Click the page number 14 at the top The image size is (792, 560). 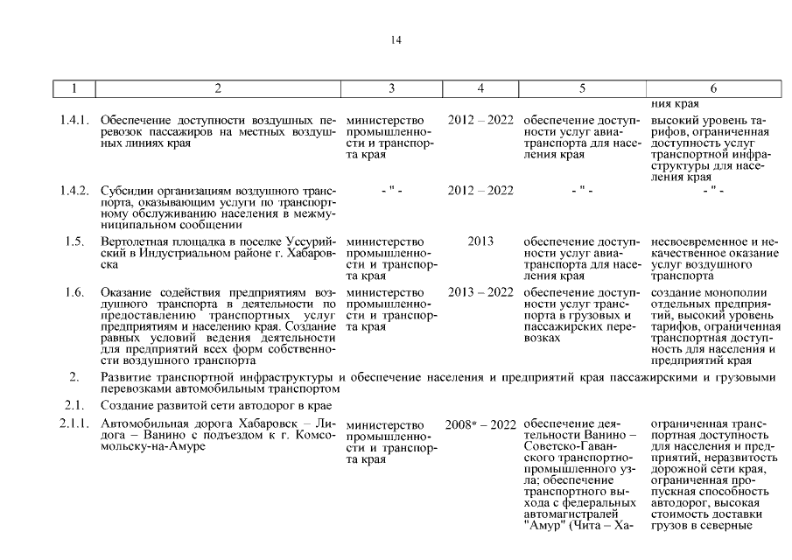(x=396, y=40)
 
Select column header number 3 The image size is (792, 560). (x=391, y=88)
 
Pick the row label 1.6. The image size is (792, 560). (x=74, y=292)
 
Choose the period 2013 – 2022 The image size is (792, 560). (x=480, y=292)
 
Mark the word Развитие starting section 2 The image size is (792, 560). (x=126, y=378)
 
